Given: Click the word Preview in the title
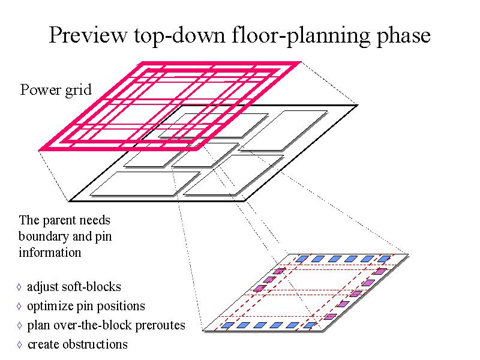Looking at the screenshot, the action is pyautogui.click(x=88, y=35).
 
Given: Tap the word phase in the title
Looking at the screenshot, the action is pyautogui.click(x=403, y=37).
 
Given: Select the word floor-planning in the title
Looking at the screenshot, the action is pyautogui.click(x=301, y=37).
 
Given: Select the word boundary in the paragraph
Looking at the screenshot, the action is pyautogui.click(x=43, y=237).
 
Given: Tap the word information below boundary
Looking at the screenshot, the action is pyautogui.click(x=50, y=253).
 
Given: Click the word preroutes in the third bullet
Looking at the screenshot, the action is pyautogui.click(x=160, y=325).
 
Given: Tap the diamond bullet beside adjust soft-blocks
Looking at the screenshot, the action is pyautogui.click(x=19, y=287).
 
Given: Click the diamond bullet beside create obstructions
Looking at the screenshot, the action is pyautogui.click(x=20, y=344).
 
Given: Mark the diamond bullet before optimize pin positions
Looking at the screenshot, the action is pyautogui.click(x=19, y=306).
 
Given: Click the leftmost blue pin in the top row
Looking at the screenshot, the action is pyautogui.click(x=302, y=259).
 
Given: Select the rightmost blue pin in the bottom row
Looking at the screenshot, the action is pyautogui.click(x=310, y=325).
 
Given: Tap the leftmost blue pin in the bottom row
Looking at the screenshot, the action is pyautogui.click(x=227, y=325).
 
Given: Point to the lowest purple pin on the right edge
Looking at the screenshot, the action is pyautogui.click(x=331, y=316).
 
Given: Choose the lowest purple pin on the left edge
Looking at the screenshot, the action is pyautogui.click(x=260, y=288).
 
